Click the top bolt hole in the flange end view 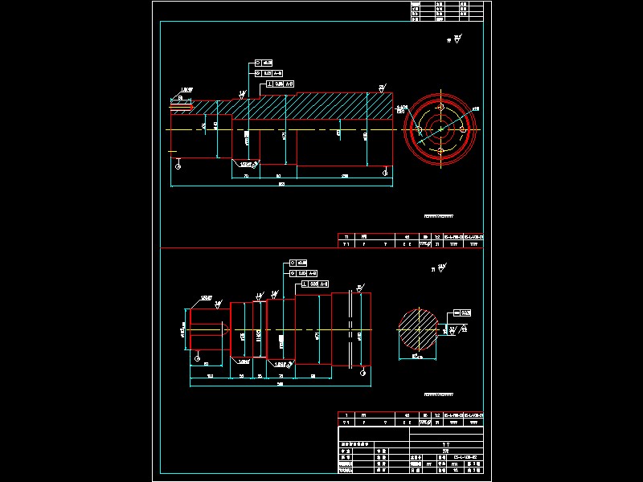[x=441, y=107]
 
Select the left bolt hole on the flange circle [x=419, y=129]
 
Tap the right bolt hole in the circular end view [x=464, y=129]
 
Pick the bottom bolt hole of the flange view [x=441, y=151]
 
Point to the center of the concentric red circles [x=441, y=129]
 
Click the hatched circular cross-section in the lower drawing [x=419, y=328]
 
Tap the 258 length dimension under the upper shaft [x=345, y=175]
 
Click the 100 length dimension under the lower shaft [x=210, y=376]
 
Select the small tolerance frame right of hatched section [x=462, y=312]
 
